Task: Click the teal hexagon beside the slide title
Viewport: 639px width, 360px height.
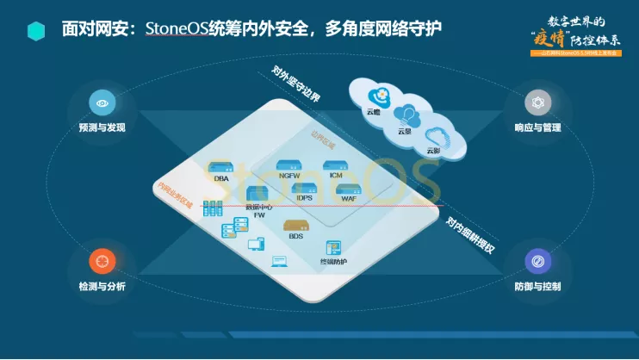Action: tap(36, 31)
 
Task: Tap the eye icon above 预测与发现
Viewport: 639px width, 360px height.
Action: tap(102, 103)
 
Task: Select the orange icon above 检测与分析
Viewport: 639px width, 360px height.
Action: tap(102, 260)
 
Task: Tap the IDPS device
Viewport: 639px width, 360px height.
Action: tap(304, 190)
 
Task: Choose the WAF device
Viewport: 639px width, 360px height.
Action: tap(349, 190)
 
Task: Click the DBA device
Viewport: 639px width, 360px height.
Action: tap(220, 168)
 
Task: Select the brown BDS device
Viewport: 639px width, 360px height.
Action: tap(295, 226)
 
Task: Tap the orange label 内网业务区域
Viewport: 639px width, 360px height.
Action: tap(174, 194)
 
